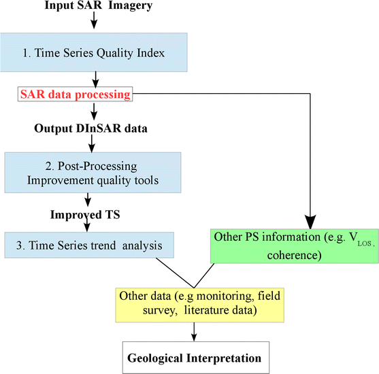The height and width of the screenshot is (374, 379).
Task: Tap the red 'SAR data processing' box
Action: coord(75,95)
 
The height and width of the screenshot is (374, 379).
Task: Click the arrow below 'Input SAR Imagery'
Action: coord(93,21)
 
